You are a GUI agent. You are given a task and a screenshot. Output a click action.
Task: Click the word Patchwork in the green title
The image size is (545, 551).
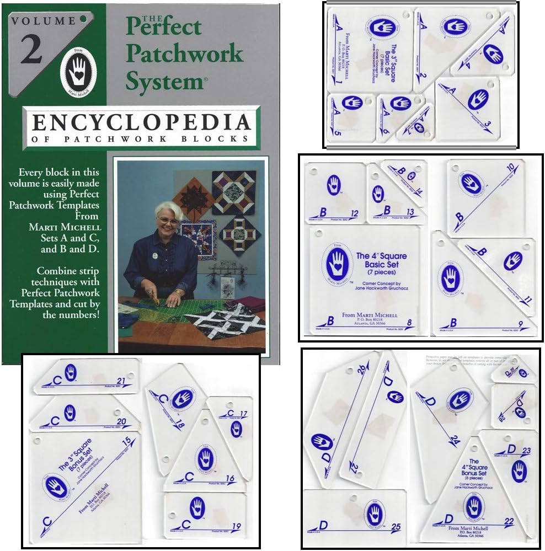(x=184, y=53)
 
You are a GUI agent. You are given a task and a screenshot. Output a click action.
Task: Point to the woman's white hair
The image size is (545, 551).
(x=169, y=209)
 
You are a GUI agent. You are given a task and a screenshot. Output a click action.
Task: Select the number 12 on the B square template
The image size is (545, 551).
(x=355, y=213)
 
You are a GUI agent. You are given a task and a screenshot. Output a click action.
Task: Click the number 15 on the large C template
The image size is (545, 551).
(x=129, y=440)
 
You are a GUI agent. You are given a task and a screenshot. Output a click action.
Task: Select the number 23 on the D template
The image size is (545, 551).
(x=526, y=451)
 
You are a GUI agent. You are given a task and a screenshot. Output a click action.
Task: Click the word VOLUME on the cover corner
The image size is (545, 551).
(x=42, y=21)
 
